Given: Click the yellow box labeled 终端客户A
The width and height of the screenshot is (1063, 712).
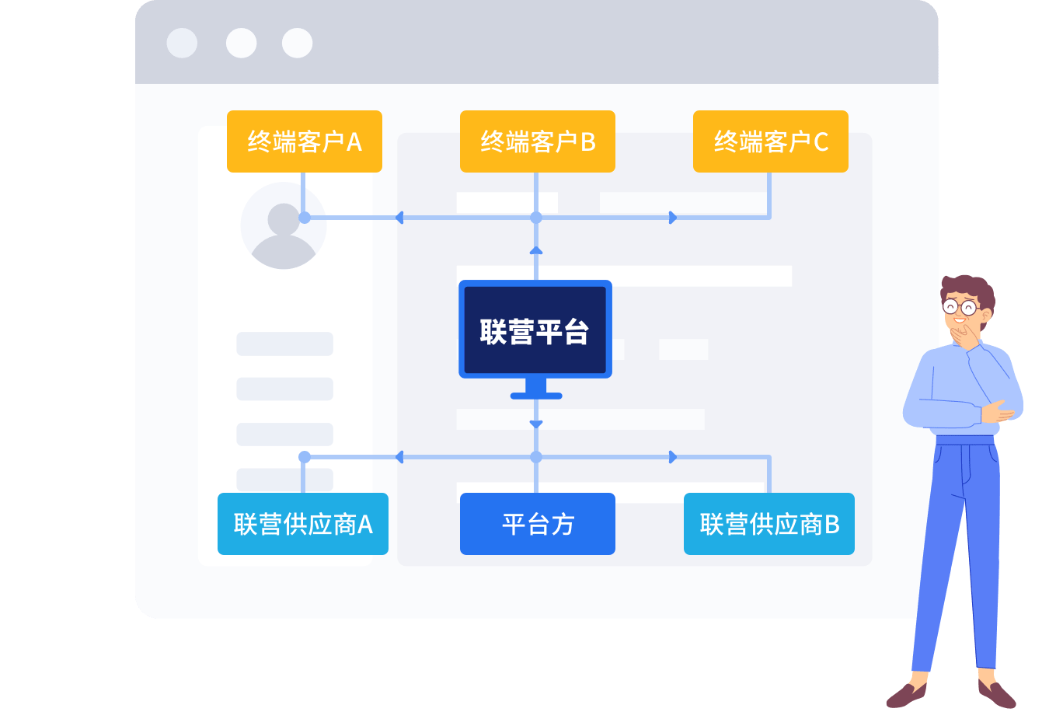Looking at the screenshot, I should tap(304, 141).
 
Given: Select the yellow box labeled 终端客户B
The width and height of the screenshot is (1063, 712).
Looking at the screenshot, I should tap(537, 141).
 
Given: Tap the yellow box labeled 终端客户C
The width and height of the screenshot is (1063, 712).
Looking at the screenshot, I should tap(770, 141).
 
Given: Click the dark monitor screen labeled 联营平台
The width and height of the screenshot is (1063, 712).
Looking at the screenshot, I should tap(535, 330).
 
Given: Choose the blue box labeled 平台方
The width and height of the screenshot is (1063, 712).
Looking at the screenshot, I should tap(537, 524).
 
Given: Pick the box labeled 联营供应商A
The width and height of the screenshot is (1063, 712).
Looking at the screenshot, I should tap(302, 524).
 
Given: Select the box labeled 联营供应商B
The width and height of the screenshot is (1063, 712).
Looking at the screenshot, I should tap(768, 524).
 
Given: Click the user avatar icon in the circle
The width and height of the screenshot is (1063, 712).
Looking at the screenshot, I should tap(284, 226).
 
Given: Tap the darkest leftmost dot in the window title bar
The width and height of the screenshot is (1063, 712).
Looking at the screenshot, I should tap(182, 44).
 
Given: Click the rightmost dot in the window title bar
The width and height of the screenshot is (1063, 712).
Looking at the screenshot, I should tap(297, 44).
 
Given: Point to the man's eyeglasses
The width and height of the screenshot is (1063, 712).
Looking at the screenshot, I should tap(960, 307).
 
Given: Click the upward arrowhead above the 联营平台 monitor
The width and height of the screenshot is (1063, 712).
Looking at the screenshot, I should tap(535, 250).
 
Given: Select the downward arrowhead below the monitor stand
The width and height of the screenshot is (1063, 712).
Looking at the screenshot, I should tap(535, 424).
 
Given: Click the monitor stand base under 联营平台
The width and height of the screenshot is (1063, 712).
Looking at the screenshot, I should tap(535, 395).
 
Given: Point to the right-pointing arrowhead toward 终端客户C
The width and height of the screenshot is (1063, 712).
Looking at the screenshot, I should tap(673, 218).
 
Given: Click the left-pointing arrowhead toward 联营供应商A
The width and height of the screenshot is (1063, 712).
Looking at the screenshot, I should tap(400, 457).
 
